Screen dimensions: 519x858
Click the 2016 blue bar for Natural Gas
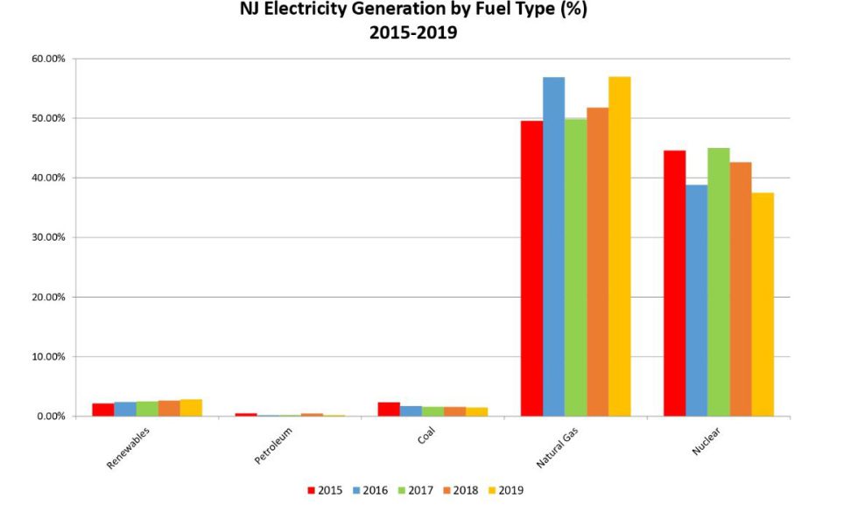click(x=553, y=246)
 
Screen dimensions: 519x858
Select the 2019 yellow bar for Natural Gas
click(x=620, y=246)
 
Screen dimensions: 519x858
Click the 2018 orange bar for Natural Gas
click(x=598, y=262)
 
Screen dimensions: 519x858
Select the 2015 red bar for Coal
click(x=389, y=409)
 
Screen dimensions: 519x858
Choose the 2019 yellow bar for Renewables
click(x=191, y=408)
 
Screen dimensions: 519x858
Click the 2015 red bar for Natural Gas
click(x=531, y=268)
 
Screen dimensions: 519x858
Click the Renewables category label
click(x=129, y=449)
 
